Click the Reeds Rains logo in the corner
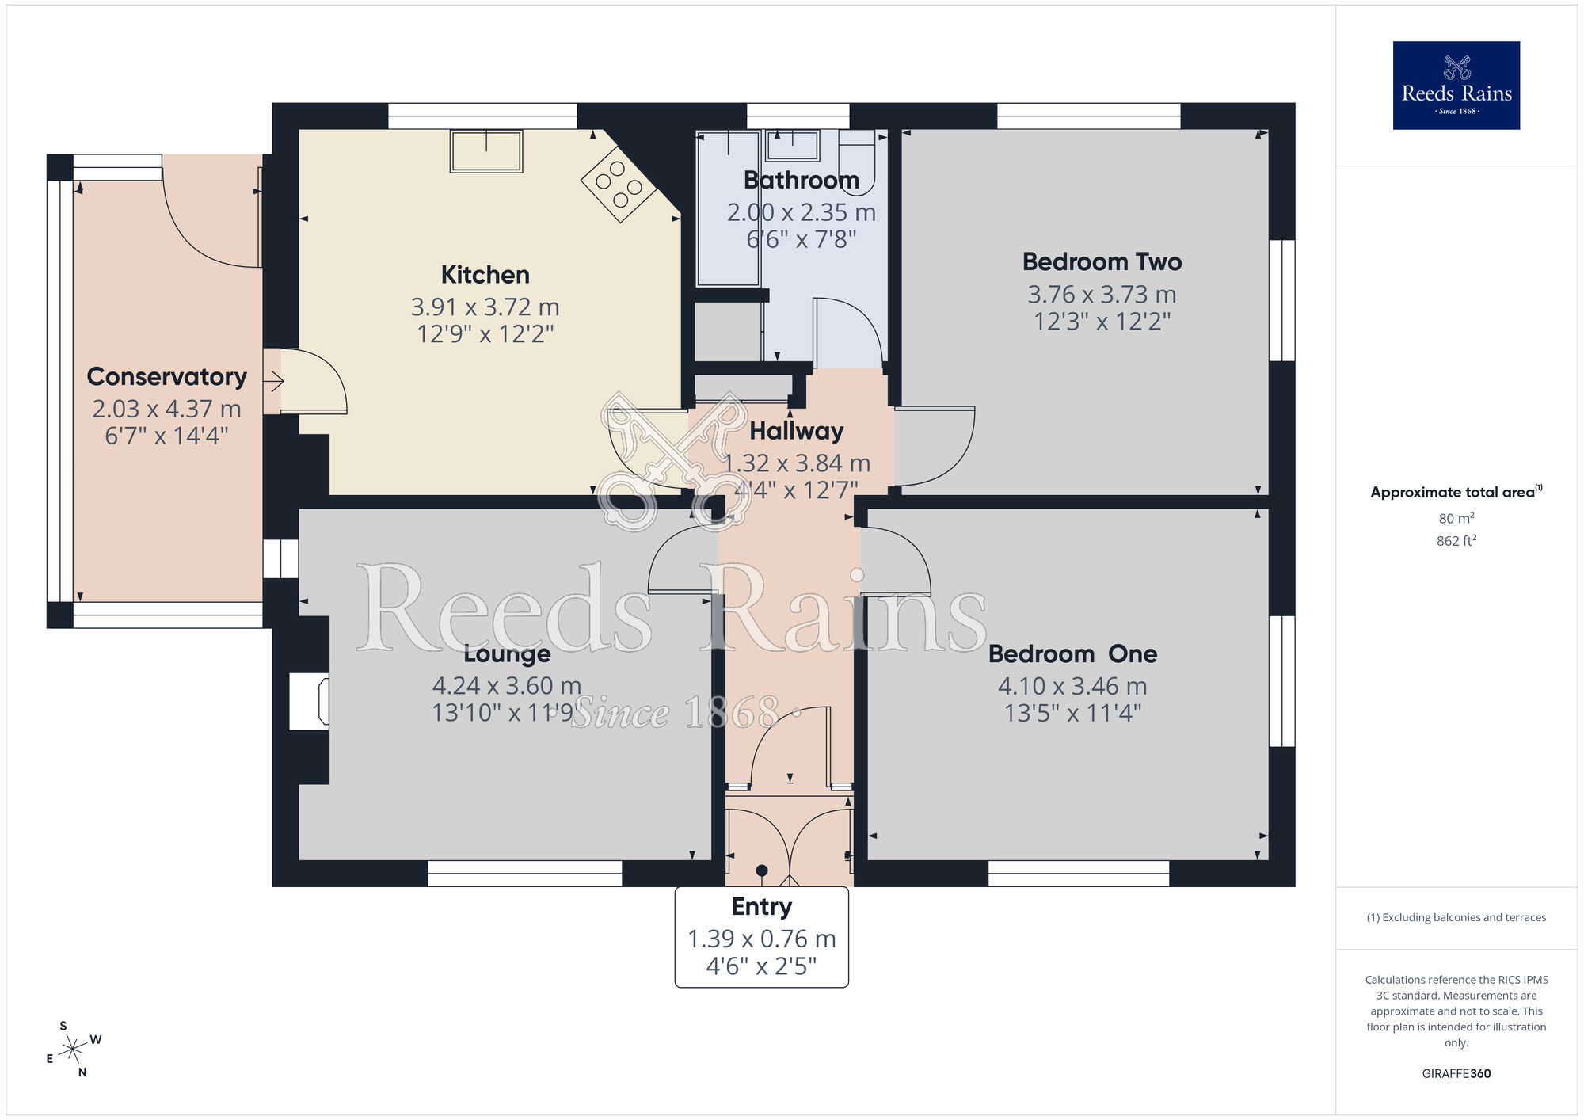pyautogui.click(x=1456, y=86)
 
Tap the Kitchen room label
pyautogui.click(x=485, y=275)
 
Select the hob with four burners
pyautogui.click(x=619, y=185)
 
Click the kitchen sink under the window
pyautogui.click(x=485, y=150)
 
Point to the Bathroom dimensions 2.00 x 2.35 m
pyautogui.click(x=801, y=212)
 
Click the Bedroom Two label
pyautogui.click(x=1102, y=261)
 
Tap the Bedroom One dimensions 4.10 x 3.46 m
pyautogui.click(x=1072, y=686)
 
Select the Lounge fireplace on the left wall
pyautogui.click(x=310, y=701)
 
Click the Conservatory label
pyautogui.click(x=166, y=376)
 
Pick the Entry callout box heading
pyautogui.click(x=761, y=906)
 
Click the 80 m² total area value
pyautogui.click(x=1456, y=519)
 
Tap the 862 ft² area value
pyautogui.click(x=1456, y=541)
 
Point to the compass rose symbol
pyautogui.click(x=73, y=1050)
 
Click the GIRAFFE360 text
pyautogui.click(x=1456, y=1074)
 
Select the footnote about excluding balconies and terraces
pyautogui.click(x=1456, y=917)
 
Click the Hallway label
pyautogui.click(x=796, y=431)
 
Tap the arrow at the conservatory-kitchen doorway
pyautogui.click(x=273, y=383)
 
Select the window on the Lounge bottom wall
pyautogui.click(x=524, y=874)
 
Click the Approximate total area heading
pyautogui.click(x=1454, y=492)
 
